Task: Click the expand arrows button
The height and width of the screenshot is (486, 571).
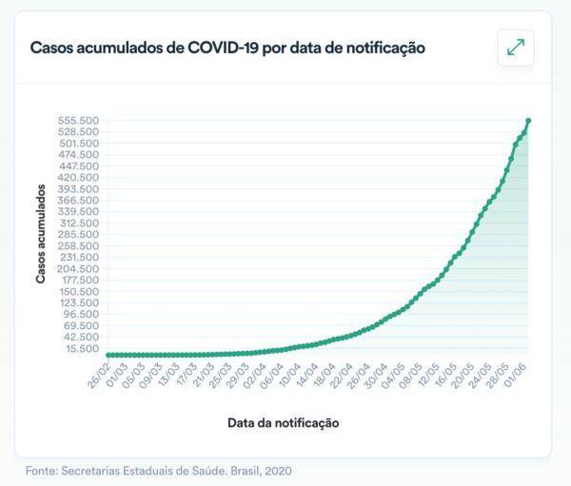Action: click(x=515, y=48)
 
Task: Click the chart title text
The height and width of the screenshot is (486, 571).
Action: click(x=226, y=48)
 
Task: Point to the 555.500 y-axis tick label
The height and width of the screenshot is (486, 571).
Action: click(x=79, y=121)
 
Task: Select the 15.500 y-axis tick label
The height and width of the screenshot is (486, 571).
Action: click(x=83, y=348)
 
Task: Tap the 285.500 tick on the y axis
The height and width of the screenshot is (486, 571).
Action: click(x=79, y=234)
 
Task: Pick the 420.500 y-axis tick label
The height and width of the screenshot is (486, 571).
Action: click(x=79, y=178)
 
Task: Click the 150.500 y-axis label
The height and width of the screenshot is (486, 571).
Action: click(x=79, y=291)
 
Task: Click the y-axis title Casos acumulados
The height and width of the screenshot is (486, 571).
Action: click(x=41, y=234)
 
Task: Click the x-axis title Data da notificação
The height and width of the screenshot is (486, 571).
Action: click(x=284, y=421)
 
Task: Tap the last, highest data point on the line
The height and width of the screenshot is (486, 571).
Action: click(x=528, y=121)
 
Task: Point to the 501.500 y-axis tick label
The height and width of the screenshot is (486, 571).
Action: click(x=79, y=144)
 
